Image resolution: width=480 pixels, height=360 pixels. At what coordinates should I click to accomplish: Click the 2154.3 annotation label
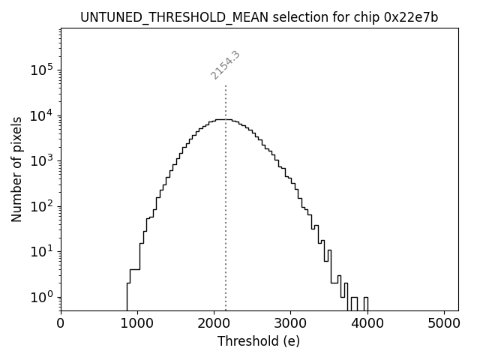pos(225,65)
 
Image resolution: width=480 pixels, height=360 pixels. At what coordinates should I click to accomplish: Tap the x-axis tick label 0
pos(61,324)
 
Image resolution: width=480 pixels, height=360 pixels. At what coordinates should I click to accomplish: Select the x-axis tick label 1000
pos(137,324)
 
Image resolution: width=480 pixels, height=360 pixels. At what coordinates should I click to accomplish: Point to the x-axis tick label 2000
pos(214,324)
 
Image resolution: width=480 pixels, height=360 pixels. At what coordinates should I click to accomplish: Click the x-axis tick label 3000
pos(290,324)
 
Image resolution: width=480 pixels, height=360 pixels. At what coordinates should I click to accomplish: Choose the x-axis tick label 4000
pos(367,324)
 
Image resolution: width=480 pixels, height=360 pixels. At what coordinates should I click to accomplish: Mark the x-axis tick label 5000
pos(443,324)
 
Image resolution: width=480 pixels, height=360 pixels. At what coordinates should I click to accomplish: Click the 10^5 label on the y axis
pos(41,70)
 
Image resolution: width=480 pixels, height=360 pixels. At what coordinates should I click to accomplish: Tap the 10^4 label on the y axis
pos(41,115)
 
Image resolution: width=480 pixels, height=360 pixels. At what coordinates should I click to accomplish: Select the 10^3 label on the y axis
pos(41,161)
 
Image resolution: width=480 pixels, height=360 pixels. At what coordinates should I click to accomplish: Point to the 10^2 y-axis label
pos(41,206)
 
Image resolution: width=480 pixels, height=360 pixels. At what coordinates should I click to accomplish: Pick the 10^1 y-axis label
pos(41,252)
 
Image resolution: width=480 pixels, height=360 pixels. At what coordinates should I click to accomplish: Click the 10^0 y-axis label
pos(41,297)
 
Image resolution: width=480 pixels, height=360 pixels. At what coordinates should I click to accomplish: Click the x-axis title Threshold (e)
pos(259,341)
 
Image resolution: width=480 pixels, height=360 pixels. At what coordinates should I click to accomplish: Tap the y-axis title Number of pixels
pos(16,169)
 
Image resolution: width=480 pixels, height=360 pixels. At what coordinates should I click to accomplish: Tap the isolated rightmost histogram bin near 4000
pos(366,304)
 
